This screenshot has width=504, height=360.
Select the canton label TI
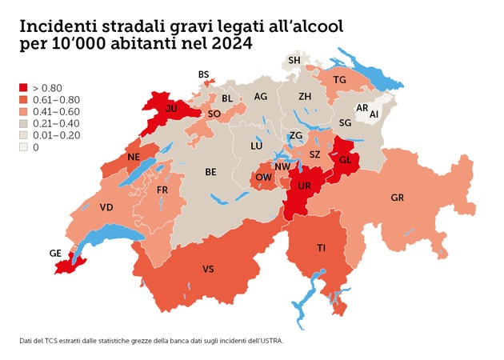pyautogui.click(x=321, y=249)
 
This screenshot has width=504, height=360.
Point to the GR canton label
pyautogui.click(x=398, y=197)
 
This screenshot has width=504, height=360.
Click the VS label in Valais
pyautogui.click(x=208, y=269)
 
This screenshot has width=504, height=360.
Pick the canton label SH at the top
pyautogui.click(x=294, y=60)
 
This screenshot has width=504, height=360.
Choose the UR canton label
pyautogui.click(x=305, y=185)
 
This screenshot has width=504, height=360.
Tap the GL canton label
pyautogui.click(x=346, y=159)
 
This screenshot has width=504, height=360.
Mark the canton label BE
pyautogui.click(x=211, y=171)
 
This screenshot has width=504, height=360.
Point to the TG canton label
pyautogui.click(x=339, y=79)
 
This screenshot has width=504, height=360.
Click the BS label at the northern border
pyautogui.click(x=203, y=74)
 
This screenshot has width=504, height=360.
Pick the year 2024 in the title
pyautogui.click(x=226, y=45)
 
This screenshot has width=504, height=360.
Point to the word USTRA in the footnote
pyautogui.click(x=268, y=341)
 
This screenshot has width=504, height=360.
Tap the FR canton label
pyautogui.click(x=162, y=190)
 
